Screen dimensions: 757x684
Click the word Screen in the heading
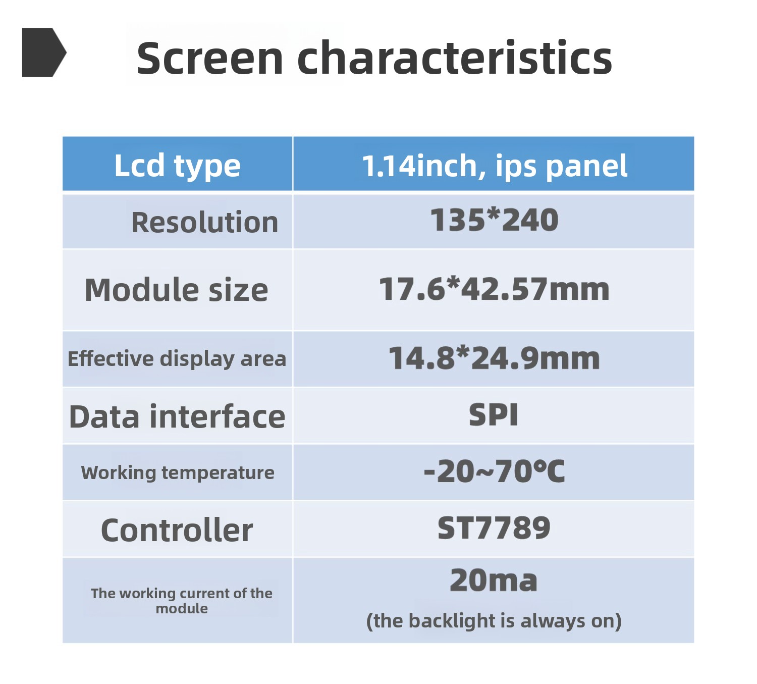(x=210, y=59)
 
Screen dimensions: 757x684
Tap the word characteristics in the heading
(x=454, y=58)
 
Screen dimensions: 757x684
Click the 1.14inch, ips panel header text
(x=495, y=166)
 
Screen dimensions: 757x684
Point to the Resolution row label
(x=204, y=222)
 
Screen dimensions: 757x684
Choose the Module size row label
(x=176, y=290)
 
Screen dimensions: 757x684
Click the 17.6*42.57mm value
(x=494, y=289)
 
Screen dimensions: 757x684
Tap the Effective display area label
(x=177, y=358)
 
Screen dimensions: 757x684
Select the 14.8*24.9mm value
(x=494, y=358)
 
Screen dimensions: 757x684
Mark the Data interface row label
(x=177, y=417)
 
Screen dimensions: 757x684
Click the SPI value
(x=493, y=415)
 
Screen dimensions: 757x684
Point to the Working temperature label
(x=177, y=472)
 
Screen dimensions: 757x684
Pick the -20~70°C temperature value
(x=494, y=471)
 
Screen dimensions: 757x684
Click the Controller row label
(x=177, y=530)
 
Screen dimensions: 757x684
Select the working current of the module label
(x=182, y=601)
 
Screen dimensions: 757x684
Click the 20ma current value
(x=493, y=580)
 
